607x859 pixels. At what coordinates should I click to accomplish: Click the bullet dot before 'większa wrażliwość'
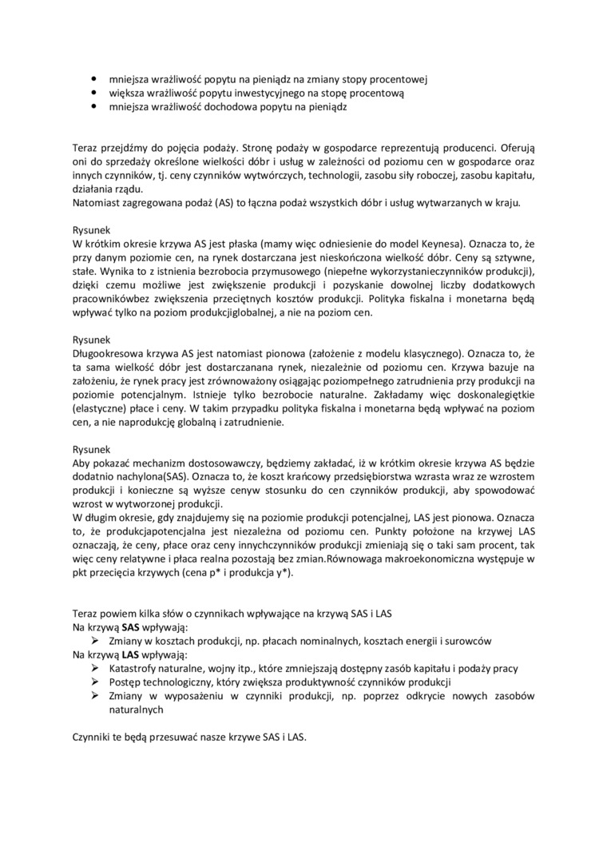click(x=94, y=93)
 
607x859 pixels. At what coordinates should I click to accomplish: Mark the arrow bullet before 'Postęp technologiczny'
click(x=94, y=682)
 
